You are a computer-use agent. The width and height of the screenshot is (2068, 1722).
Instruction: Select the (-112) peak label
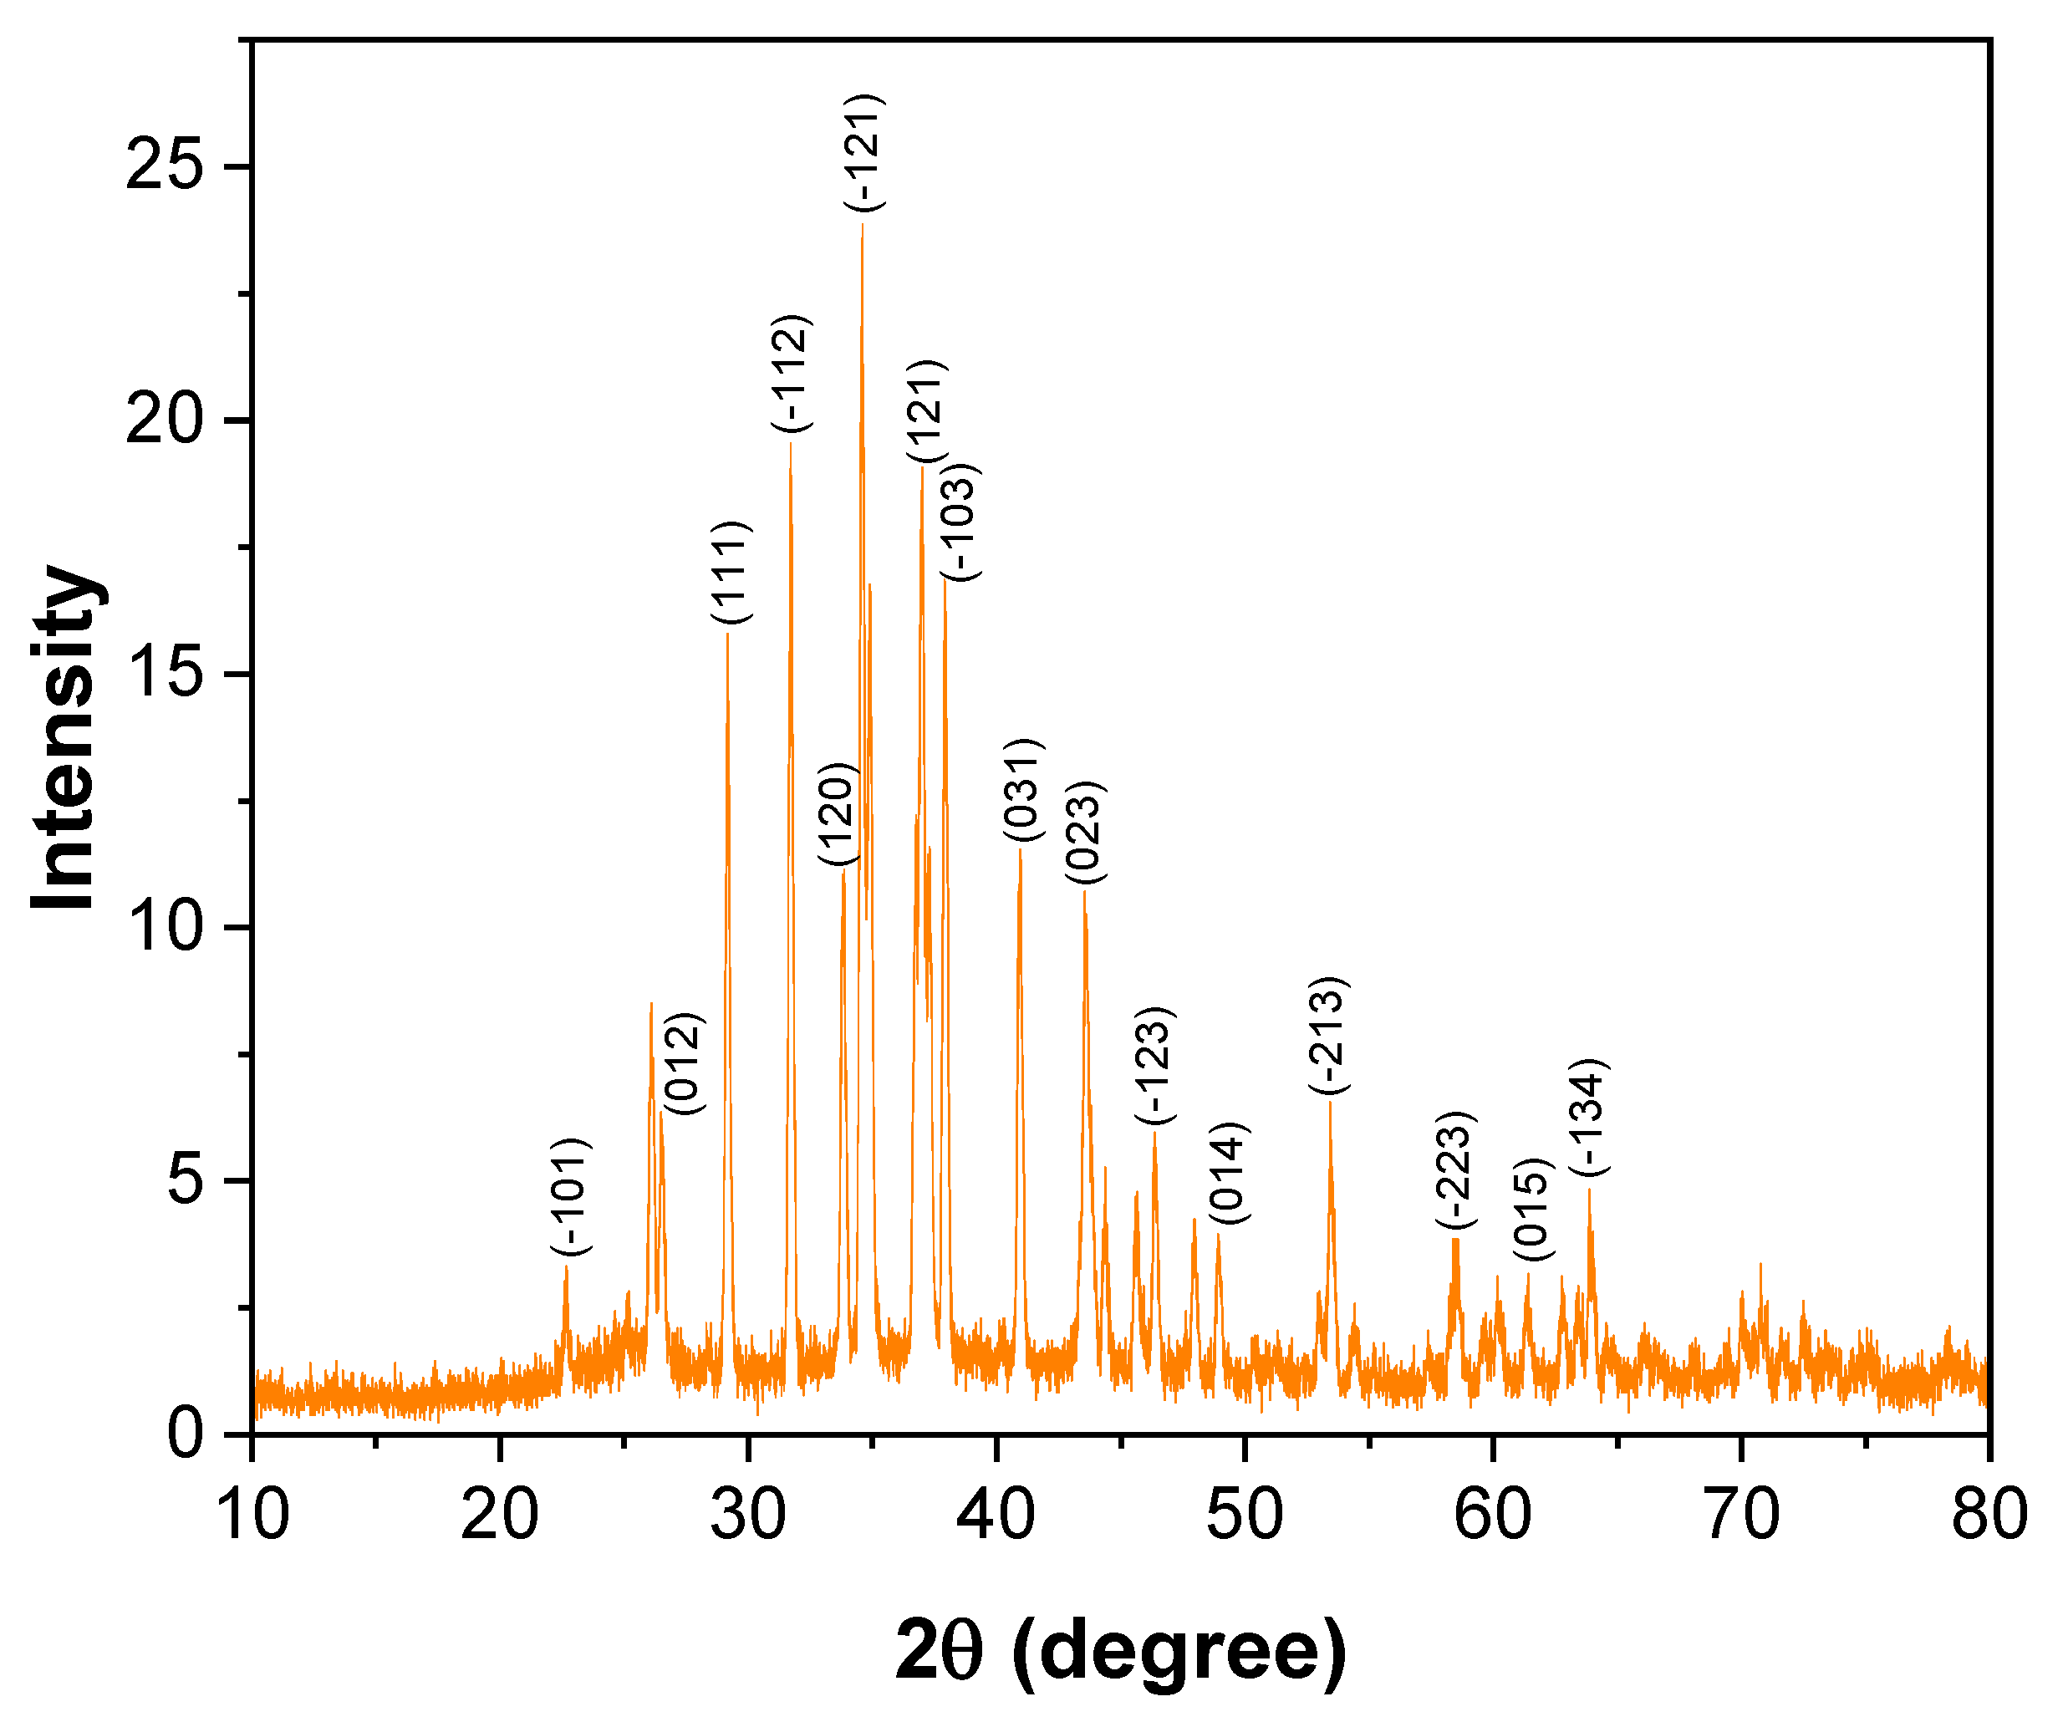(791, 373)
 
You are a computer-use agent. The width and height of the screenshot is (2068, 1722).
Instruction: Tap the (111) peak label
(731, 572)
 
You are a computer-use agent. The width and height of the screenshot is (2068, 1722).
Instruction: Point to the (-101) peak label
(571, 1197)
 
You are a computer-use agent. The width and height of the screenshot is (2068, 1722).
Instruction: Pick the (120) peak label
(839, 814)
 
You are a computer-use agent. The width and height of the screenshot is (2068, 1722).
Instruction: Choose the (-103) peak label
(958, 522)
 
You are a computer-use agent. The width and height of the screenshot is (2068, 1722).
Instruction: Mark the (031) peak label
(1022, 790)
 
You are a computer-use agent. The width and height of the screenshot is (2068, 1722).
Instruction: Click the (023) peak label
(1085, 833)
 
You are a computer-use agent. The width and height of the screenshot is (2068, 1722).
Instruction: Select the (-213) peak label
(1327, 1036)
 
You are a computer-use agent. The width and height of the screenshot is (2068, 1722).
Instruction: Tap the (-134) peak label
(1588, 1118)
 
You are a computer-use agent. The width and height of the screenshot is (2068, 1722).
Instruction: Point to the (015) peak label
(1533, 1210)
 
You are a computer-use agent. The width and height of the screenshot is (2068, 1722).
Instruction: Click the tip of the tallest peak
(863, 226)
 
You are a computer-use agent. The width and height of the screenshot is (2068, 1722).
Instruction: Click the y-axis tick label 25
(165, 166)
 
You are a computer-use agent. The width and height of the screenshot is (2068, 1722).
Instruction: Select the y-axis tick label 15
(165, 674)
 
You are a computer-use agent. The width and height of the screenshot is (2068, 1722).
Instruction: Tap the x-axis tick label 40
(996, 1513)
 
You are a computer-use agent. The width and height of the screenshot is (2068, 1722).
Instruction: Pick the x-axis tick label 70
(1741, 1513)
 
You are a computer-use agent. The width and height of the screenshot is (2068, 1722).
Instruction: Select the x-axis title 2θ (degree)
(1121, 1649)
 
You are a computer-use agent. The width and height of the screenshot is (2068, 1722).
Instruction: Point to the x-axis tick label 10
(252, 1513)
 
